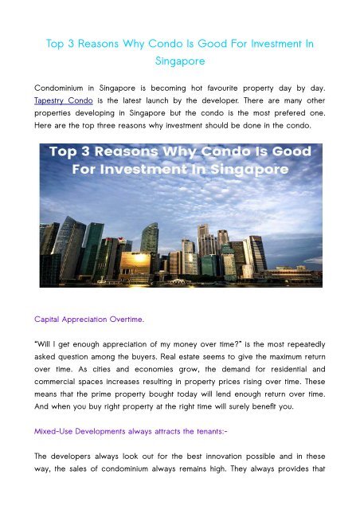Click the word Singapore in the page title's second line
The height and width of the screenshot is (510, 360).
pyautogui.click(x=179, y=60)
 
